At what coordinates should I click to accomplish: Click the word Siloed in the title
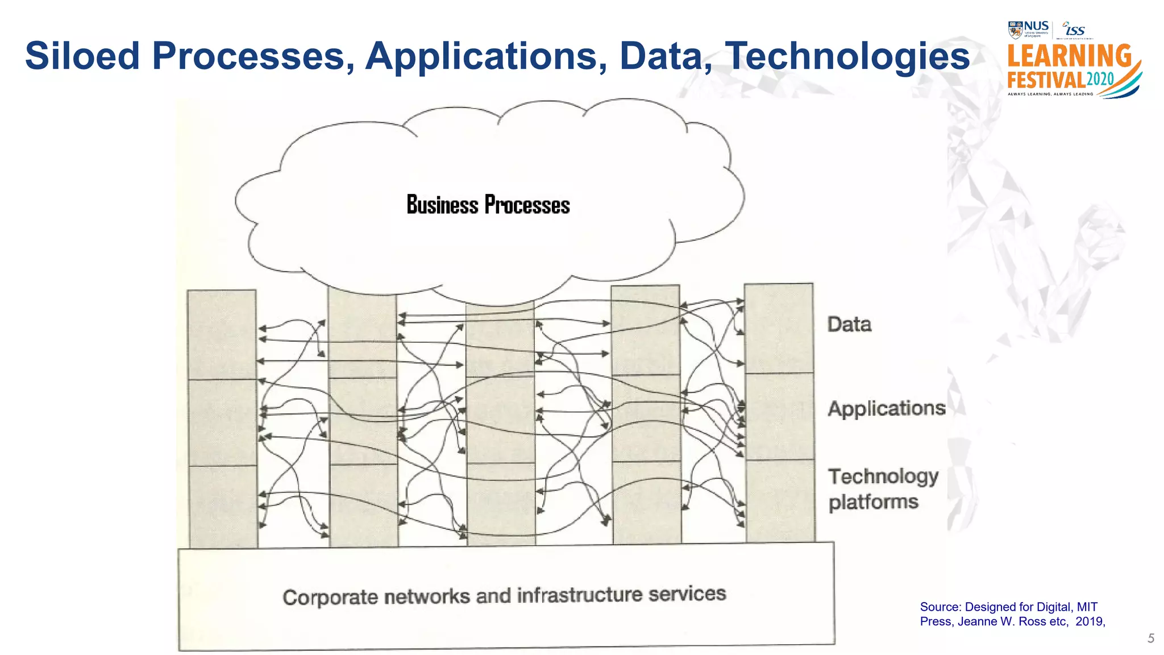click(x=82, y=56)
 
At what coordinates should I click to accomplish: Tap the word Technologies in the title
click(x=848, y=56)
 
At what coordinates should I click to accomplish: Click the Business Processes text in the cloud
click(x=488, y=205)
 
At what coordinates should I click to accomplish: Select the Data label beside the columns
click(x=849, y=325)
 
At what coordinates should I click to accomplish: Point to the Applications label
click(x=886, y=408)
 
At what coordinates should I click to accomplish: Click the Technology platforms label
click(x=882, y=489)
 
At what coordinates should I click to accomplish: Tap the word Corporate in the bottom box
click(x=330, y=598)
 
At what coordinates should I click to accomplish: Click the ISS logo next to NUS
click(x=1074, y=30)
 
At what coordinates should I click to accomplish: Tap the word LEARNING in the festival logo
click(x=1069, y=56)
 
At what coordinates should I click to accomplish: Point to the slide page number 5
click(x=1150, y=639)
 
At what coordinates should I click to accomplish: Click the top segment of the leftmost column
click(x=222, y=334)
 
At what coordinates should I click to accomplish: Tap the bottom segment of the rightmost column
click(x=780, y=500)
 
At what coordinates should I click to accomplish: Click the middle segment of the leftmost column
click(x=222, y=422)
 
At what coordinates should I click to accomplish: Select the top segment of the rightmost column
click(x=779, y=328)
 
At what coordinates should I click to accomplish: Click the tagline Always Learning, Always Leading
click(x=1050, y=94)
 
